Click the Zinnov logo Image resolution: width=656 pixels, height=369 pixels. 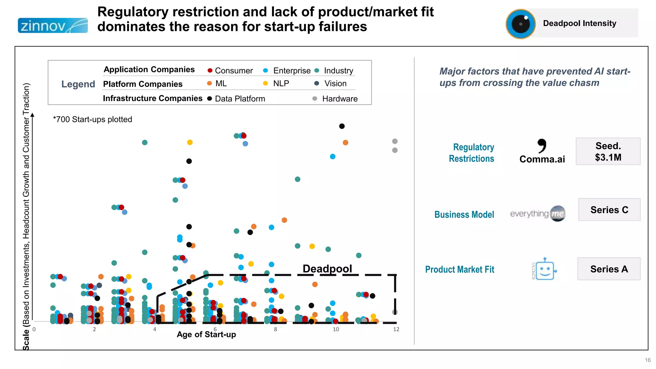[x=53, y=26]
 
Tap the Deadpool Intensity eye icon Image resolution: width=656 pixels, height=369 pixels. [x=521, y=24]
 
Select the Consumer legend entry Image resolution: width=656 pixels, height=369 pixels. [x=230, y=70]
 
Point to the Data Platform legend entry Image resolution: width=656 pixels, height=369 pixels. [x=236, y=99]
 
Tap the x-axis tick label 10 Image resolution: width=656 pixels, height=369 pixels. [x=336, y=329]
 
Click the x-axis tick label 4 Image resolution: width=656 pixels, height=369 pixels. [x=155, y=329]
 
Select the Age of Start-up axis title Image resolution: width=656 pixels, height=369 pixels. [x=206, y=334]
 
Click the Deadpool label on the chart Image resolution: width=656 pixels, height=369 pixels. [x=327, y=268]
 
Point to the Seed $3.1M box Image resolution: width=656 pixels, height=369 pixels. [x=608, y=152]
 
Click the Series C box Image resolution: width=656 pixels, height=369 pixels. [x=609, y=210]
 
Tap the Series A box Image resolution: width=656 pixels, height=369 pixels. [x=609, y=269]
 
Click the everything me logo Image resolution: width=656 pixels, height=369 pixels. [x=538, y=214]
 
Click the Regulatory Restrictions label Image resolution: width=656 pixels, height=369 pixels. [x=471, y=153]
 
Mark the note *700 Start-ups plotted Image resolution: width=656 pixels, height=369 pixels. [x=93, y=119]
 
